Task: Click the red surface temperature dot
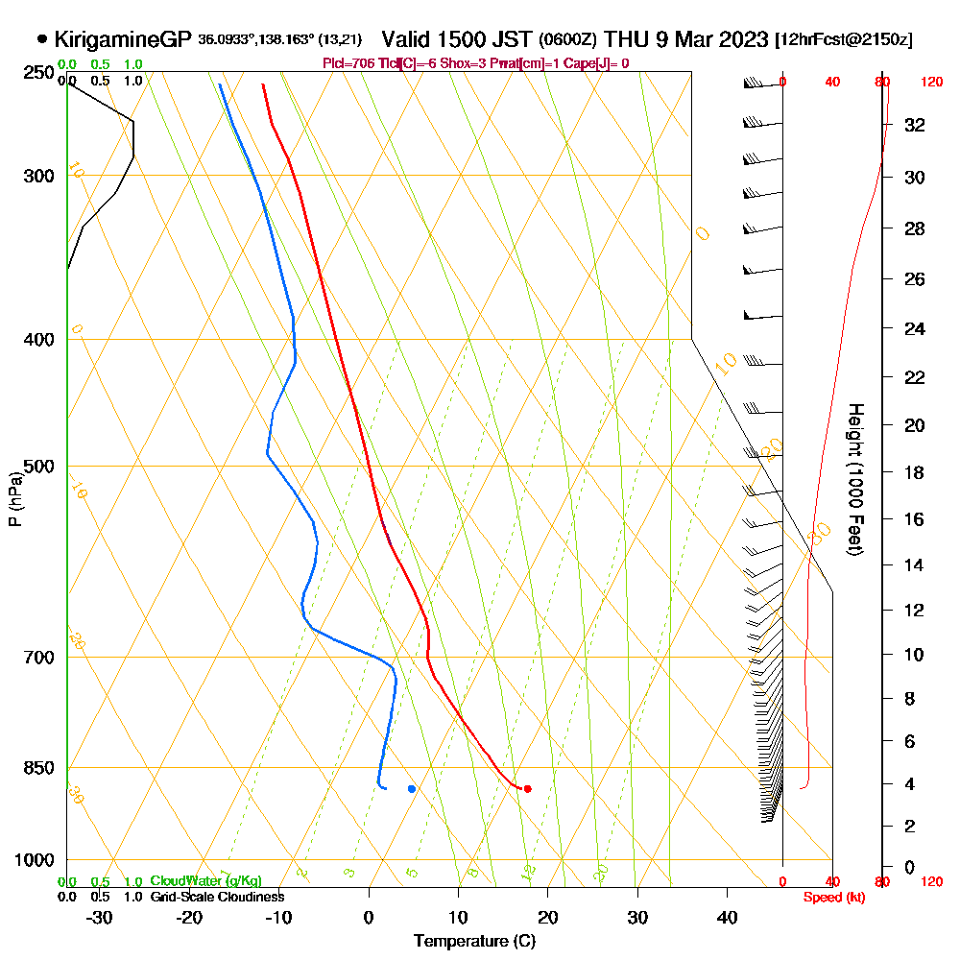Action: coord(527,789)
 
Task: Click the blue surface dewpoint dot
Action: coord(412,789)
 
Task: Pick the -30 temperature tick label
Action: coord(100,917)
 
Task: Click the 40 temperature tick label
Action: coord(727,917)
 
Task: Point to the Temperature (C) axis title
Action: coord(474,942)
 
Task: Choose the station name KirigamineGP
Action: coord(123,39)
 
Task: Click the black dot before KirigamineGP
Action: coord(42,39)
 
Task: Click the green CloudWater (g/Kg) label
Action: coord(205,881)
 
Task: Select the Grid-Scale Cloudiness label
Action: coord(217,897)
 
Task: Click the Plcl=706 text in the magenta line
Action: coord(348,63)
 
